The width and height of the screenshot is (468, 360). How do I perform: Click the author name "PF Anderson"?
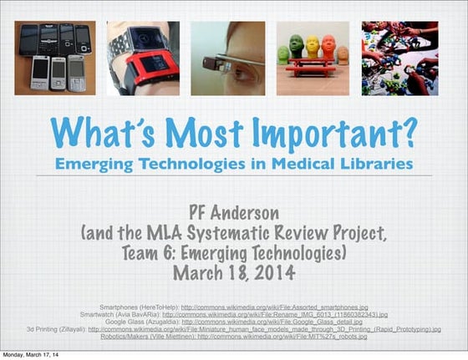point(234,211)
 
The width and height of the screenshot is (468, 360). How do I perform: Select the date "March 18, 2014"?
point(234,272)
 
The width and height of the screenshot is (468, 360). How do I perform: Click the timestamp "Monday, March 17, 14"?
point(31,354)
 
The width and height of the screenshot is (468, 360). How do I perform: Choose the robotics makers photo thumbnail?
point(399,58)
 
